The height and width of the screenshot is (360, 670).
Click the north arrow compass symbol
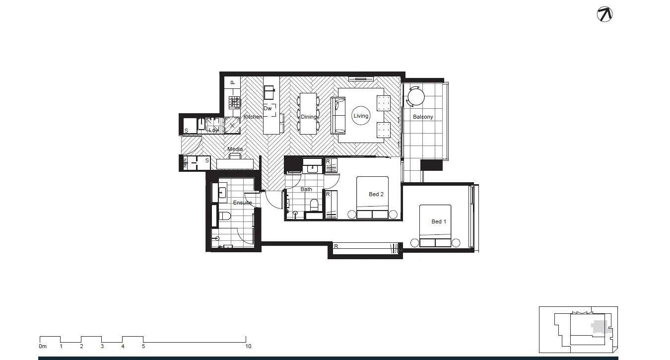(604, 14)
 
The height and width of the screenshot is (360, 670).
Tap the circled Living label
(361, 116)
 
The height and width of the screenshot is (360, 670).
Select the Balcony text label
(423, 117)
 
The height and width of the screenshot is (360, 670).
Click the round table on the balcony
(415, 95)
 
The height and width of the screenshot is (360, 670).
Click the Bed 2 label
(376, 194)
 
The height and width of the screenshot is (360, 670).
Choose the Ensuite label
(242, 203)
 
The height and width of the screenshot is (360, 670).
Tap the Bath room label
(306, 189)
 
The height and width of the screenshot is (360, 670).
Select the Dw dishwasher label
(268, 108)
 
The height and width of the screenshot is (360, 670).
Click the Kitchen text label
(253, 117)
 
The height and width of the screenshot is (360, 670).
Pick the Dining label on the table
(308, 117)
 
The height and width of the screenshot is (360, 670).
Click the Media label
(235, 149)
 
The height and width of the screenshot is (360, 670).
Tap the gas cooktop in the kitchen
(234, 103)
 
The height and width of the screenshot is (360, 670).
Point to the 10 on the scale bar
(248, 346)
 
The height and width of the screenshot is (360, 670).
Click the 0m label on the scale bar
(43, 346)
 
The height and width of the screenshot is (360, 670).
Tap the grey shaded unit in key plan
(600, 328)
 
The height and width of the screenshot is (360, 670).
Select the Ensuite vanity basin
(221, 192)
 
